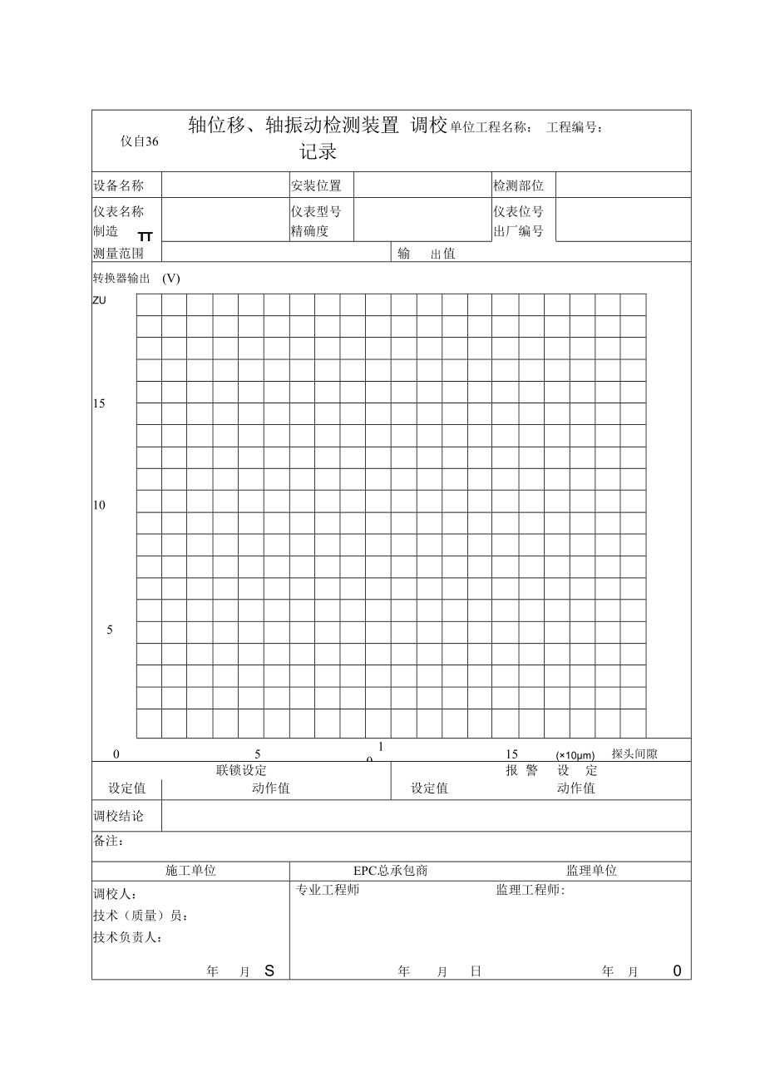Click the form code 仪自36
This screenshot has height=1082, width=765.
pyautogui.click(x=139, y=141)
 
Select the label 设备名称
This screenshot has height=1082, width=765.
pyautogui.click(x=118, y=185)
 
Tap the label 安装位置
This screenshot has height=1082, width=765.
pyautogui.click(x=316, y=185)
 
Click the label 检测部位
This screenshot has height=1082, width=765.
pyautogui.click(x=518, y=185)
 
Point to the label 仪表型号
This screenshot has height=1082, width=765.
pyautogui.click(x=316, y=211)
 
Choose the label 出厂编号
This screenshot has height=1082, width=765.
pyautogui.click(x=518, y=231)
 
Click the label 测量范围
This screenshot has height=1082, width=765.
pyautogui.click(x=118, y=253)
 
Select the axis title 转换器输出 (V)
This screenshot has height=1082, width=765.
pyautogui.click(x=136, y=279)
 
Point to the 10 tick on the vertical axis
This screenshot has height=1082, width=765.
pyautogui.click(x=99, y=505)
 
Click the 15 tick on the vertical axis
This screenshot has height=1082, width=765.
pyautogui.click(x=99, y=403)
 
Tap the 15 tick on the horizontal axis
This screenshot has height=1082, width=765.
pyautogui.click(x=511, y=753)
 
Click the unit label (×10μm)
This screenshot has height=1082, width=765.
pyautogui.click(x=575, y=755)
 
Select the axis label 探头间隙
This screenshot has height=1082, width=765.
pyautogui.click(x=634, y=753)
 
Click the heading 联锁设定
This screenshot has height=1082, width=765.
pyautogui.click(x=241, y=771)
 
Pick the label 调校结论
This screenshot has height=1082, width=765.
pyautogui.click(x=118, y=816)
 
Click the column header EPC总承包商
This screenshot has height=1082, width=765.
pyautogui.click(x=391, y=871)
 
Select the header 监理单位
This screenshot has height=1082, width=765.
pyautogui.click(x=592, y=871)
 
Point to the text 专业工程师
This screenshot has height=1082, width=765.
pyautogui.click(x=328, y=890)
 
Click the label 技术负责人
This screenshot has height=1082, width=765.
pyautogui.click(x=126, y=937)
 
